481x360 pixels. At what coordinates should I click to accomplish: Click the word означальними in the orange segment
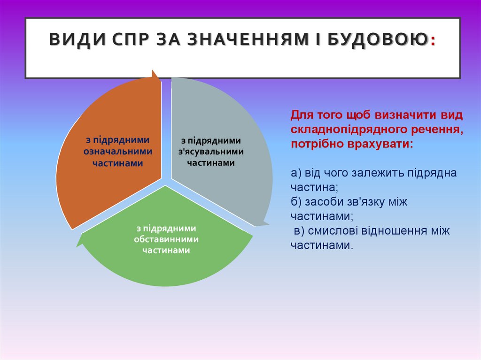point(118,151)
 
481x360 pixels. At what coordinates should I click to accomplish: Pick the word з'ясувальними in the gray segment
point(211,152)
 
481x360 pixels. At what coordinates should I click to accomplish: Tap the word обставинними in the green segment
point(166,239)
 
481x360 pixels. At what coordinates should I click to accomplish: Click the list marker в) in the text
point(299,231)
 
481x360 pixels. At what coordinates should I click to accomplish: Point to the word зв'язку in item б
point(365,202)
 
